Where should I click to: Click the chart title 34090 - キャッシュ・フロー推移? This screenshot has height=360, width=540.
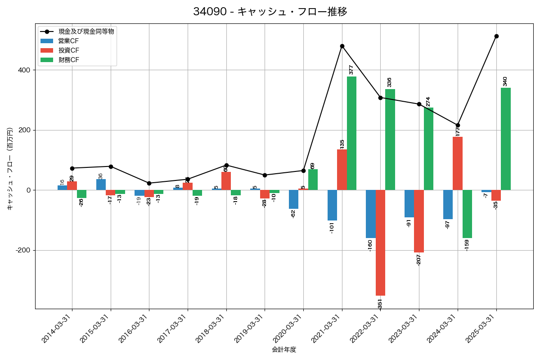pos(270,12)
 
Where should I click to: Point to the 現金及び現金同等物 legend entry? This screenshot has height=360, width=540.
pos(86,31)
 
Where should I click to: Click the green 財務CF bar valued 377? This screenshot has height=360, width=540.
pos(351,133)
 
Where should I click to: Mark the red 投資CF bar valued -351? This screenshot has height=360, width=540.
pos(380,243)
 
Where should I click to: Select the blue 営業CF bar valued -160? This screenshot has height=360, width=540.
pos(371,214)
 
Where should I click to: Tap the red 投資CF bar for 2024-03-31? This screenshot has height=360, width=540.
pos(458,163)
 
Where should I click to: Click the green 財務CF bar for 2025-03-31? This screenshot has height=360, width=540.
pos(506,139)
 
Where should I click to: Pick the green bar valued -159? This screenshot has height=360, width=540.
pos(467,214)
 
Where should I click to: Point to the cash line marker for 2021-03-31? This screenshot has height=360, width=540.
pos(342,46)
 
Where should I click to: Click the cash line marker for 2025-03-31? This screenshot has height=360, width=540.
pos(496,36)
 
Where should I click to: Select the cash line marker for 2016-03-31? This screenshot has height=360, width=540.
pos(149,183)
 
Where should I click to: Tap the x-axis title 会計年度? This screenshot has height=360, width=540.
pos(284,350)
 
